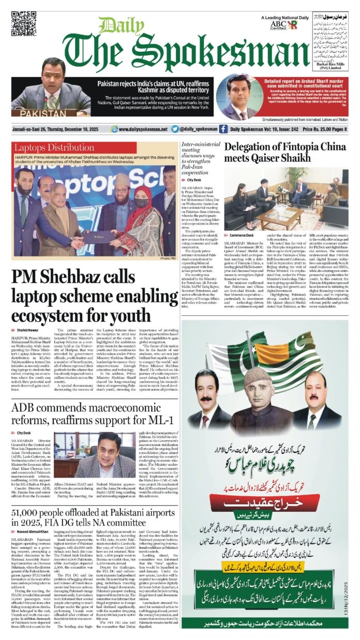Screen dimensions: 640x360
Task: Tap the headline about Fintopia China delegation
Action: [285, 152]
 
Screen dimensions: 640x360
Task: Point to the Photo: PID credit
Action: [168, 257]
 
